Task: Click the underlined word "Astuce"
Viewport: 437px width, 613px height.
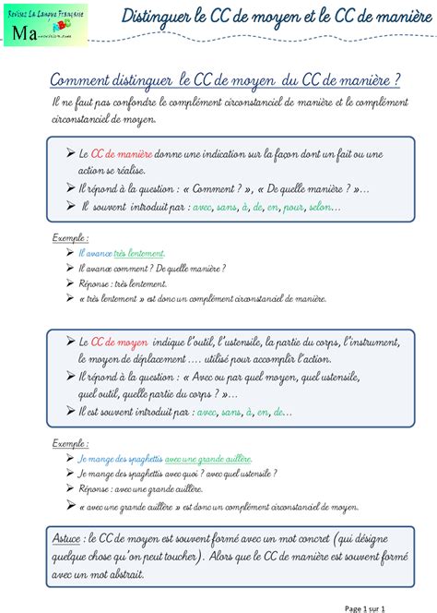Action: (68, 536)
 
